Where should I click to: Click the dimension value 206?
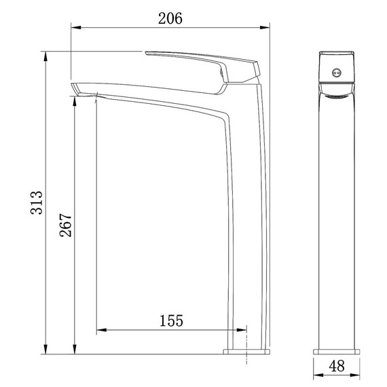[170, 18]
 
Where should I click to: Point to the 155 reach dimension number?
[171, 320]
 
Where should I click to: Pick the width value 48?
[336, 366]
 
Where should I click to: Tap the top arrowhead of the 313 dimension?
[45, 54]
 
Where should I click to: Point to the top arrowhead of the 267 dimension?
[73, 96]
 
